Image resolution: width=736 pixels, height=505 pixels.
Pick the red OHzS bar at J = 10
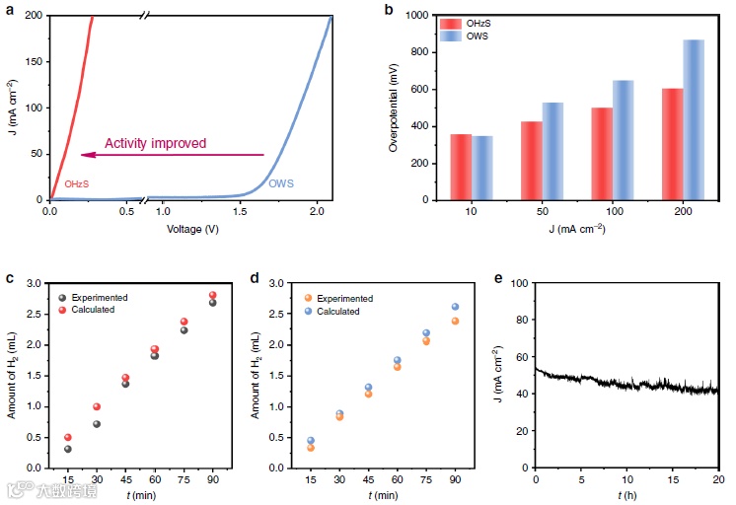click(460, 167)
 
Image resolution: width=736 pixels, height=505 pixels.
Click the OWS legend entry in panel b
click(477, 36)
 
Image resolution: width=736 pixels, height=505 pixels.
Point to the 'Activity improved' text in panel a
click(156, 143)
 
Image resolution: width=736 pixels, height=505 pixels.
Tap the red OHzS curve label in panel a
click(77, 183)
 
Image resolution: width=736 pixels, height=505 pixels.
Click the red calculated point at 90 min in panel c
click(212, 296)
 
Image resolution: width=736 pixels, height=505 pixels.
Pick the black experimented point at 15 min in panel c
click(68, 449)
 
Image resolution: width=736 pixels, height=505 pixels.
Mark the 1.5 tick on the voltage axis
click(242, 211)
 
